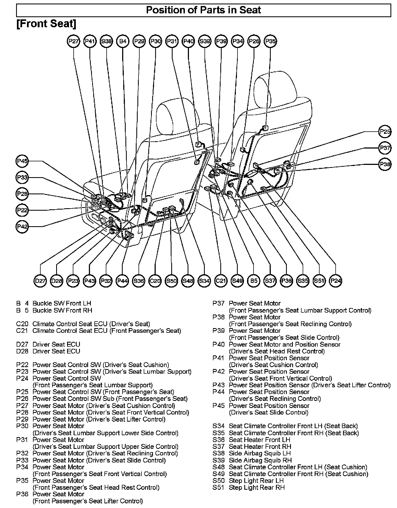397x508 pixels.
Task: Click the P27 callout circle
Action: click(74, 41)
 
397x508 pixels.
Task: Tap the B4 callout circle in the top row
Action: click(123, 41)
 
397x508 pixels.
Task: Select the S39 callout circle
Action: click(205, 41)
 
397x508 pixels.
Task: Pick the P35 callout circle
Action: click(270, 41)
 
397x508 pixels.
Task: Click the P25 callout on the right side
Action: click(385, 132)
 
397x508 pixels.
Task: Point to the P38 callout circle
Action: click(385, 164)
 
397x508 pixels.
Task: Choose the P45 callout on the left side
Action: click(22, 161)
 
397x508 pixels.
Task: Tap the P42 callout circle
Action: click(22, 226)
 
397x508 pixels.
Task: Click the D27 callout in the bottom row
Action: click(40, 281)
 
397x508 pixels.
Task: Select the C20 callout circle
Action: click(155, 281)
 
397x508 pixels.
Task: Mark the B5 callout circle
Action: click(254, 281)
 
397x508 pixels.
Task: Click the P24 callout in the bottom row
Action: click(336, 281)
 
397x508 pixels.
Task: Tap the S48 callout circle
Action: click(188, 281)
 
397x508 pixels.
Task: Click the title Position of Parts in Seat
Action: click(203, 10)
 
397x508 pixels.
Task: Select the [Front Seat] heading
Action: click(46, 24)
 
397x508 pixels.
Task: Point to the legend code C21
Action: click(22, 331)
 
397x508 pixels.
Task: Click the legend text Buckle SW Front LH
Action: click(62, 303)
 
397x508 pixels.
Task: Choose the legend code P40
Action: click(219, 344)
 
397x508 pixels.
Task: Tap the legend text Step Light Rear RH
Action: click(257, 488)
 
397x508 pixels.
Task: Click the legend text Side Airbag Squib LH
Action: click(260, 453)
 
